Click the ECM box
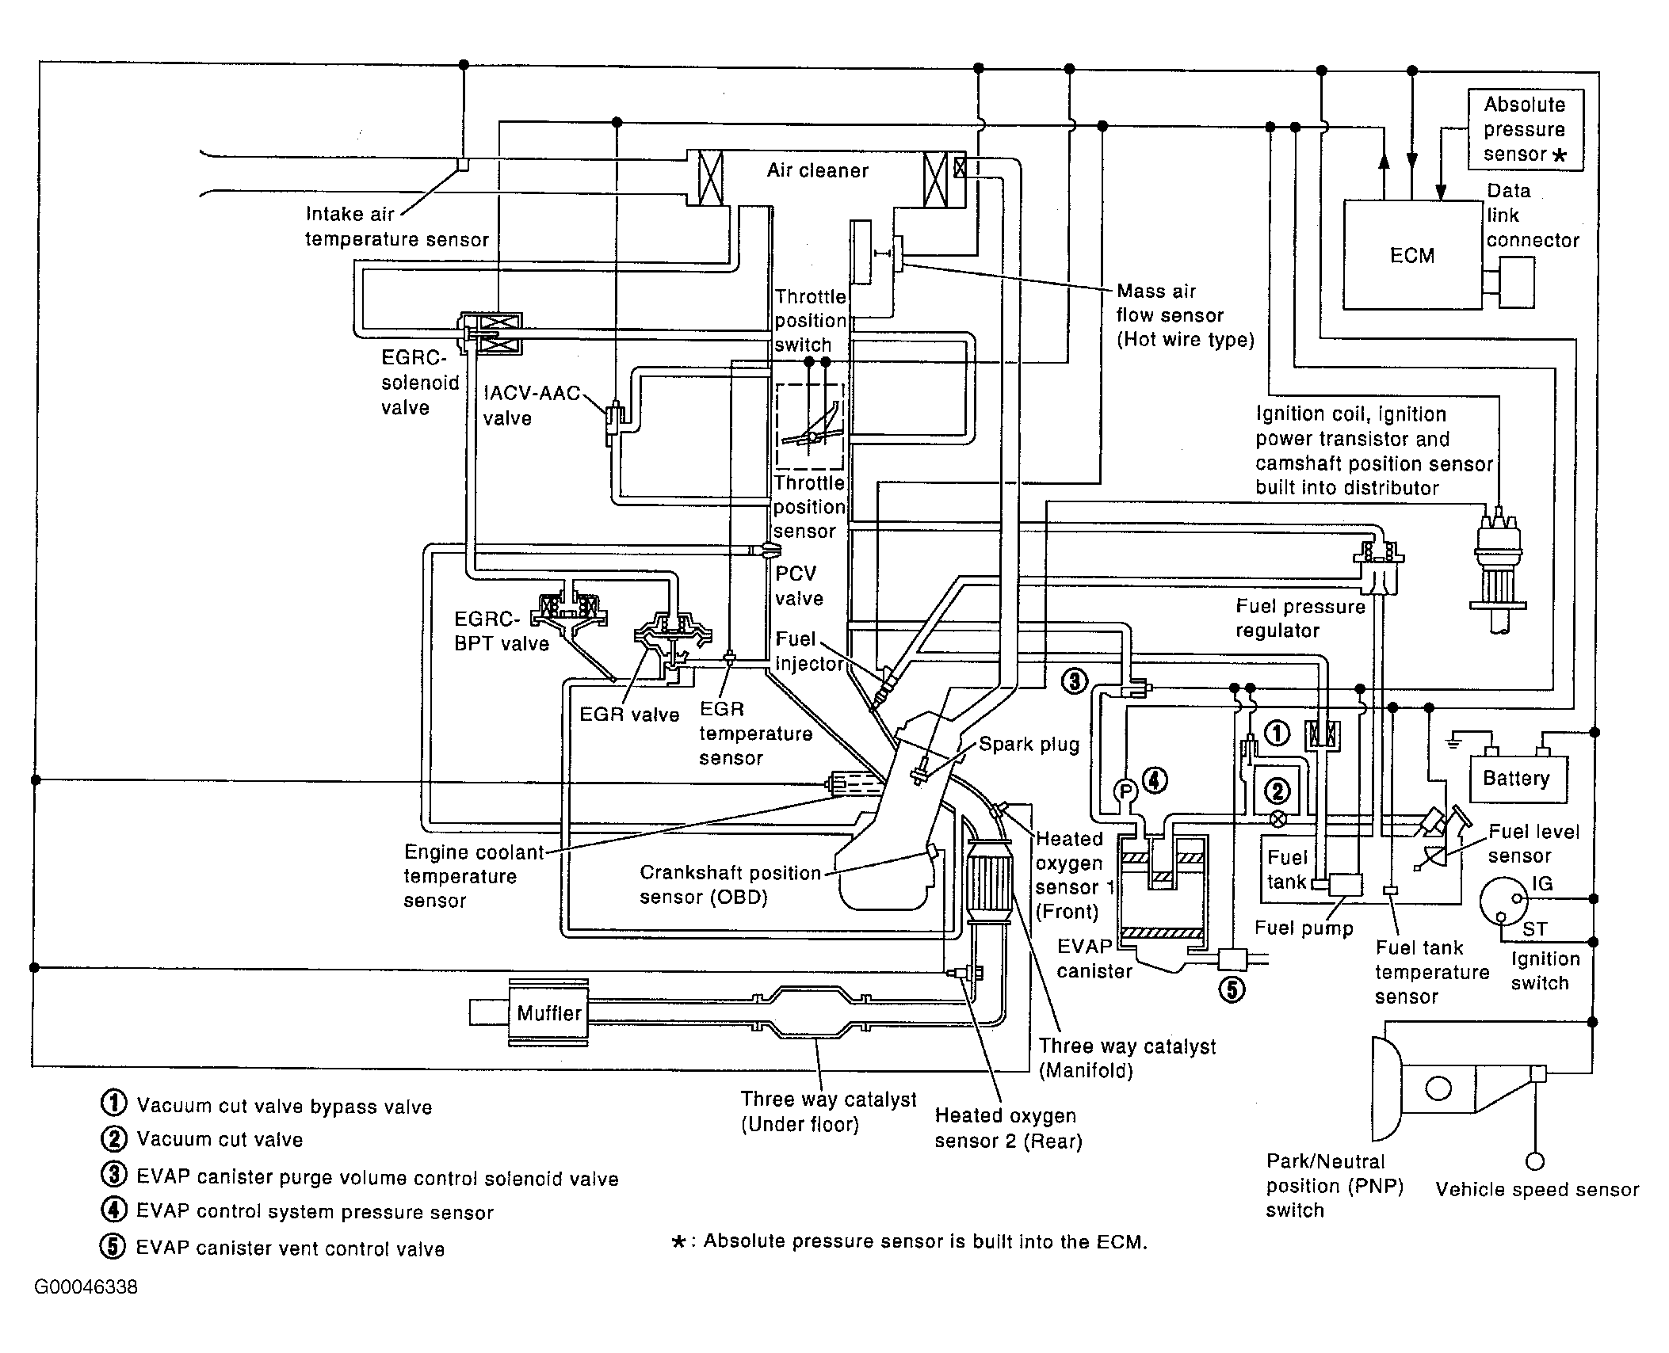pyautogui.click(x=1412, y=254)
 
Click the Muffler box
pyautogui.click(x=548, y=1012)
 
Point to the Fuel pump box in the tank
pyautogui.click(x=1345, y=885)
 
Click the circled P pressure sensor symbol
pyautogui.click(x=1125, y=791)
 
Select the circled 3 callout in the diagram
pyautogui.click(x=1074, y=680)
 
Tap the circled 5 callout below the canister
pyautogui.click(x=1232, y=989)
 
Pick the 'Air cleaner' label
pyautogui.click(x=817, y=170)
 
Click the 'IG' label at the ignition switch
pyautogui.click(x=1541, y=883)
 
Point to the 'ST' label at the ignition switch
pyautogui.click(x=1534, y=928)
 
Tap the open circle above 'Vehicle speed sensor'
pyautogui.click(x=1535, y=1162)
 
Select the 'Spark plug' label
pyautogui.click(x=1029, y=745)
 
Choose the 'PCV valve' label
pyautogui.click(x=798, y=586)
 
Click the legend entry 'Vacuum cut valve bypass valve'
pyautogui.click(x=284, y=1107)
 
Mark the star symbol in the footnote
pyautogui.click(x=678, y=1241)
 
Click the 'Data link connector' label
pyautogui.click(x=1532, y=215)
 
